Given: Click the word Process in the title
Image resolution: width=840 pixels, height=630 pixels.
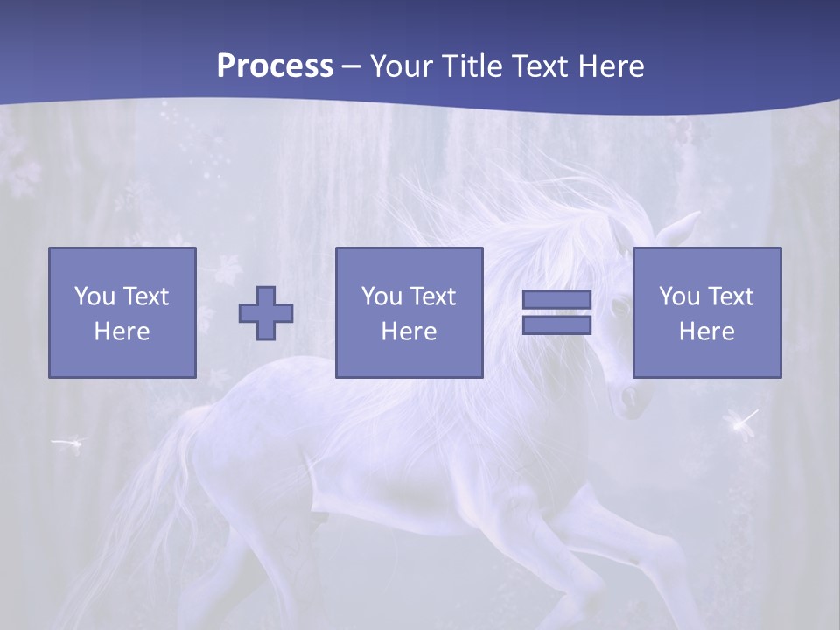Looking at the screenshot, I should point(275,66).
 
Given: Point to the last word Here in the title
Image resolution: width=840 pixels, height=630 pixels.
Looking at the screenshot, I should point(611,66).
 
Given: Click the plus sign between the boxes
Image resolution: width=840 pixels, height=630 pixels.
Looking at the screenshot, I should point(266,313).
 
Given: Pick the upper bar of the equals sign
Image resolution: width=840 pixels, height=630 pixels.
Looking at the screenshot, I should point(556,300).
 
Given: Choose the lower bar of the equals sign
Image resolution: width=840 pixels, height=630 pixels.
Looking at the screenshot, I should point(556,325).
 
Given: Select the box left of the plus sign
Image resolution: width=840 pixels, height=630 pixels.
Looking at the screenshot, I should point(122,312).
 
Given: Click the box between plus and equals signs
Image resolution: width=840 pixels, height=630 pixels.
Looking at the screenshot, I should point(409,312).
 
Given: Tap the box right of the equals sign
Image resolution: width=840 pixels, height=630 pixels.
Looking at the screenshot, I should point(707,312).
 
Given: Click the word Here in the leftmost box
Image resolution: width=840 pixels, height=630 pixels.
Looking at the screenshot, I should point(122,332).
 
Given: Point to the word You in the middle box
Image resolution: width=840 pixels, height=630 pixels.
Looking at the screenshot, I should point(381,297).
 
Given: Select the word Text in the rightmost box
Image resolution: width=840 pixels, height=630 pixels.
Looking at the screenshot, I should point(731,297).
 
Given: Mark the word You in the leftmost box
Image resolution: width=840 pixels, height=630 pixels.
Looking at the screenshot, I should point(94,297).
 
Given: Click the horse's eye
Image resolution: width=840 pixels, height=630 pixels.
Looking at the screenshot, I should point(619,307).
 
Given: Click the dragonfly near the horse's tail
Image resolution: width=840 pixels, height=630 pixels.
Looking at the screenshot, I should point(68,444).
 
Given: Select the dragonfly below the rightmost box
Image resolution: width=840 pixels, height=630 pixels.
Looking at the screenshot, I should point(743,424).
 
